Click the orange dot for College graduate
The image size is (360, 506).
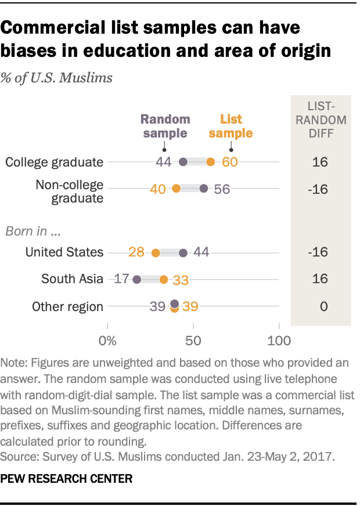point(210,162)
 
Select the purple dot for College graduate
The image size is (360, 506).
point(183,162)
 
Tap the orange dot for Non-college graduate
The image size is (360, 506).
point(176,189)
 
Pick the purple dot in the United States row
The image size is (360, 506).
point(183,252)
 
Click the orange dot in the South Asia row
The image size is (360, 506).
point(164,279)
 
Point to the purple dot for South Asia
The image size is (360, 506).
point(136,279)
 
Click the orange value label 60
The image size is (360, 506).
point(230,162)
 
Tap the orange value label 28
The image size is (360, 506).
point(136,252)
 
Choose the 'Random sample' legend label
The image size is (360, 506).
point(165,126)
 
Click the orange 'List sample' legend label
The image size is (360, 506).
point(231,126)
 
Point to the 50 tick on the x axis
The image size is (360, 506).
point(193,339)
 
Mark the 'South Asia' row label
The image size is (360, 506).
point(72,279)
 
